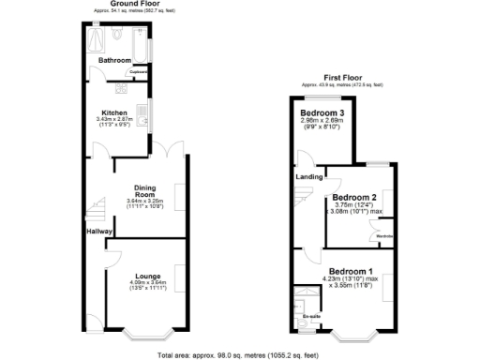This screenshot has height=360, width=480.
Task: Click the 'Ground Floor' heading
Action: tap(134, 4)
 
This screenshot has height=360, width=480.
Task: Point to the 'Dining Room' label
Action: tap(143, 191)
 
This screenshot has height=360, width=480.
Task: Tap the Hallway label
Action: tap(99, 231)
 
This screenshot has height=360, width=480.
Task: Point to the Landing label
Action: tap(308, 176)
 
